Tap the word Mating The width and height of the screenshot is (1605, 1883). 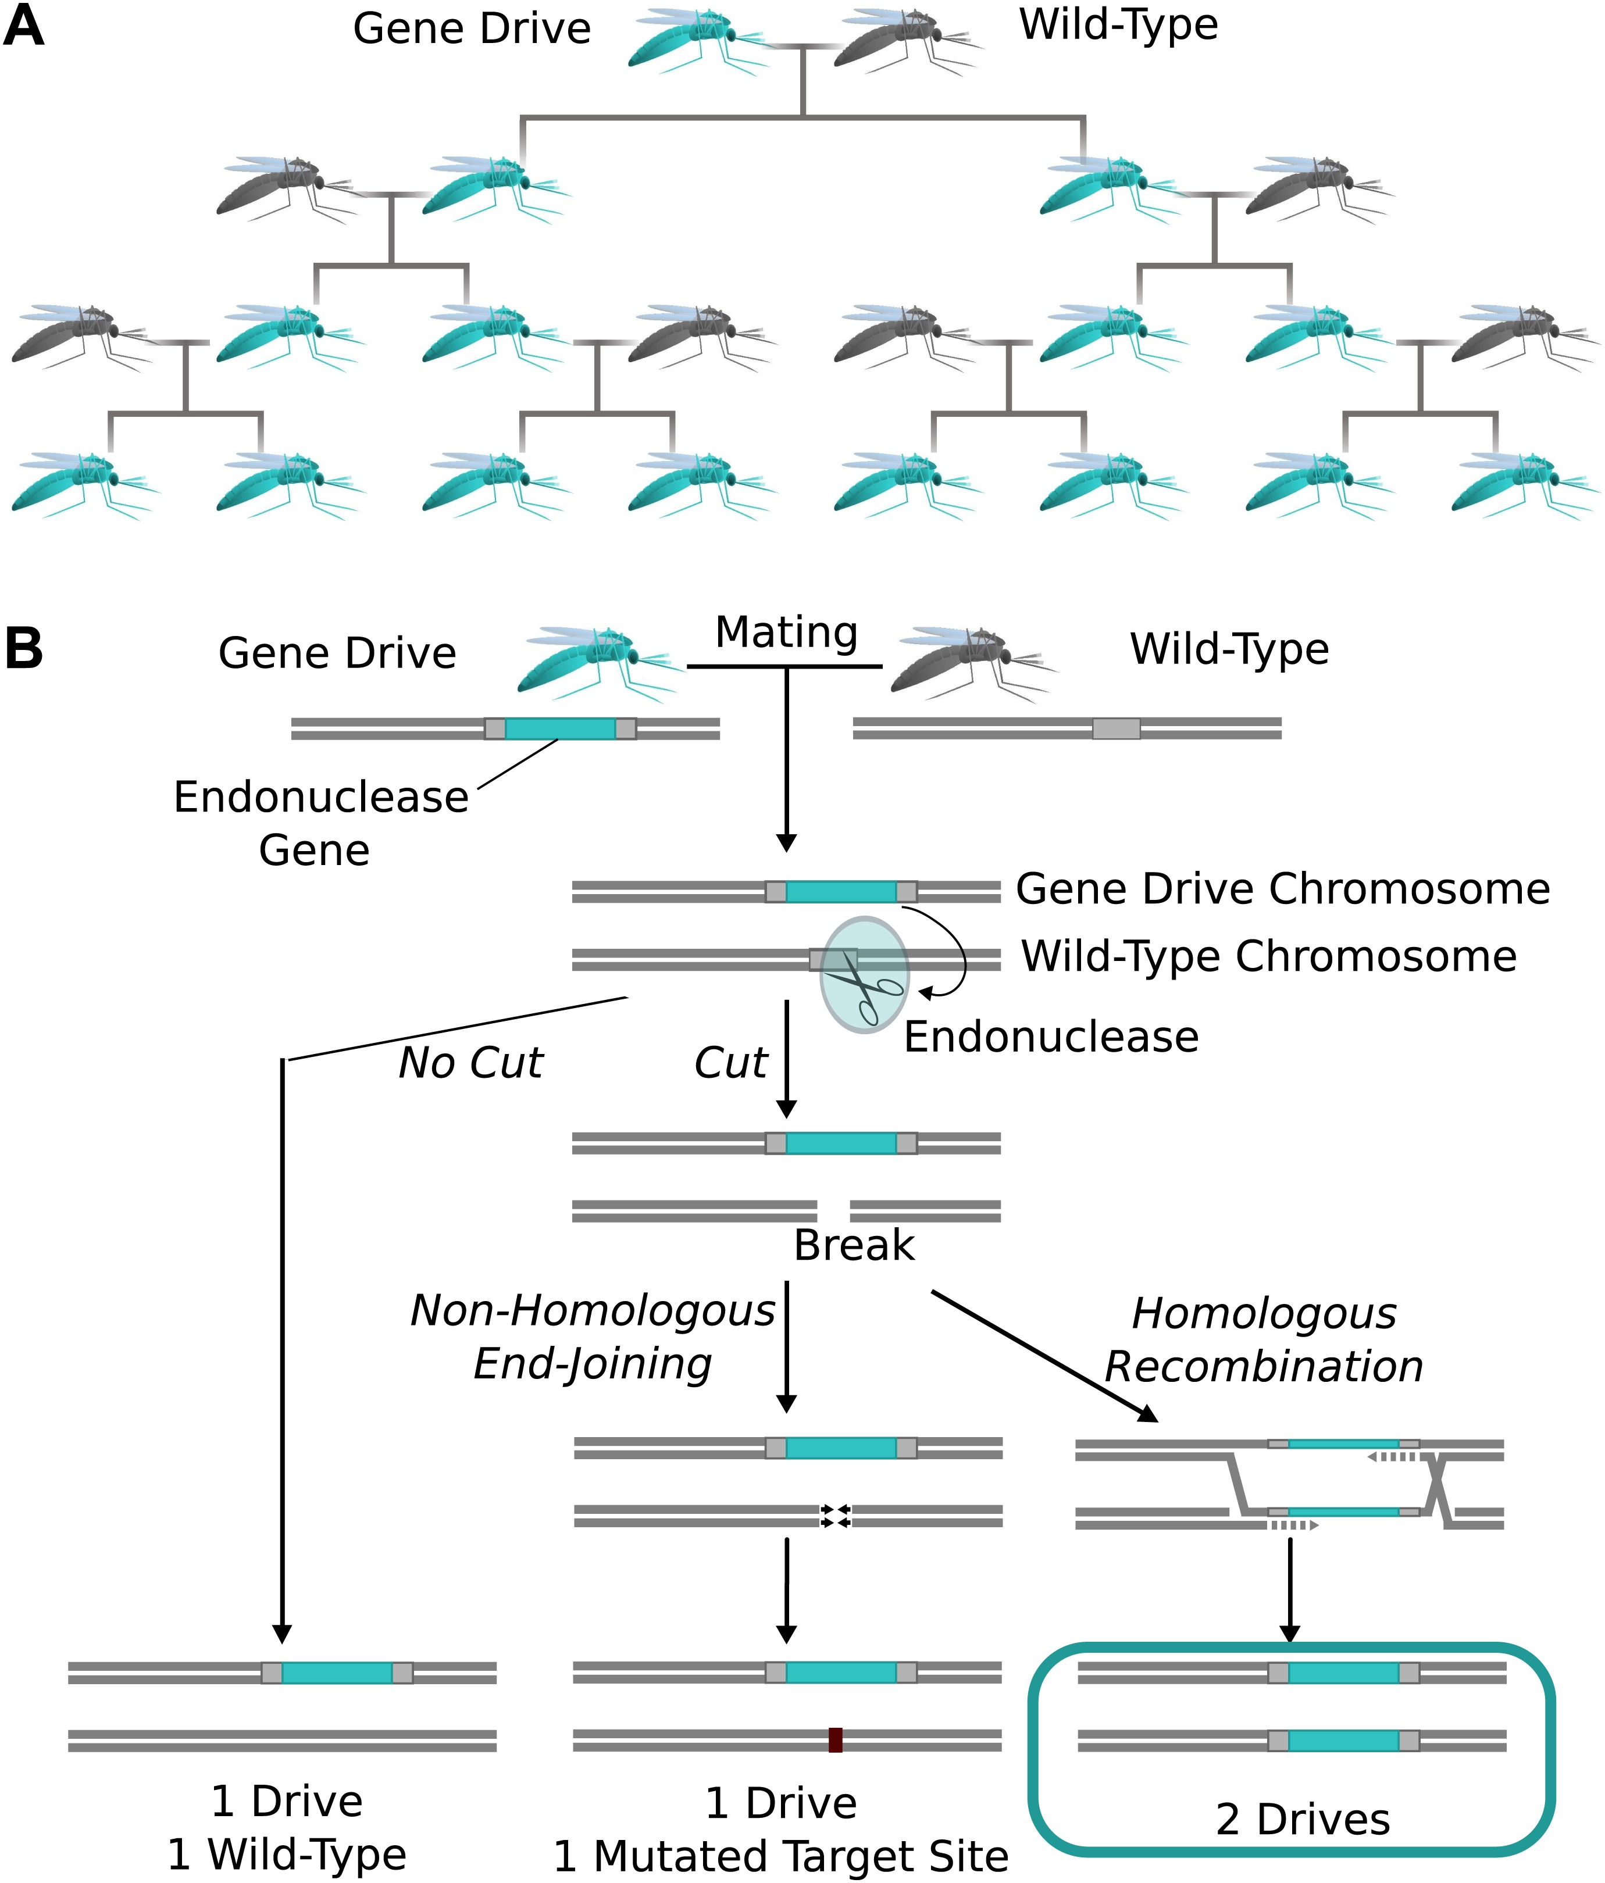tap(786, 633)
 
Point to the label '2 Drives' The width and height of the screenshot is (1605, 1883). tap(1303, 1820)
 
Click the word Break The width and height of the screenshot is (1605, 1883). tap(854, 1245)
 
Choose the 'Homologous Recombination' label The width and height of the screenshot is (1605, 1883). tap(1263, 1339)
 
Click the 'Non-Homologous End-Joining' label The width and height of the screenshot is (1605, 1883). tap(593, 1337)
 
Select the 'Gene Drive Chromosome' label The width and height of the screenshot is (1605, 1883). tap(1282, 889)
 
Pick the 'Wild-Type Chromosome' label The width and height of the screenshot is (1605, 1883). tap(1269, 956)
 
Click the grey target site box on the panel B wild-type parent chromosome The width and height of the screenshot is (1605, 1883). tap(1116, 728)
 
